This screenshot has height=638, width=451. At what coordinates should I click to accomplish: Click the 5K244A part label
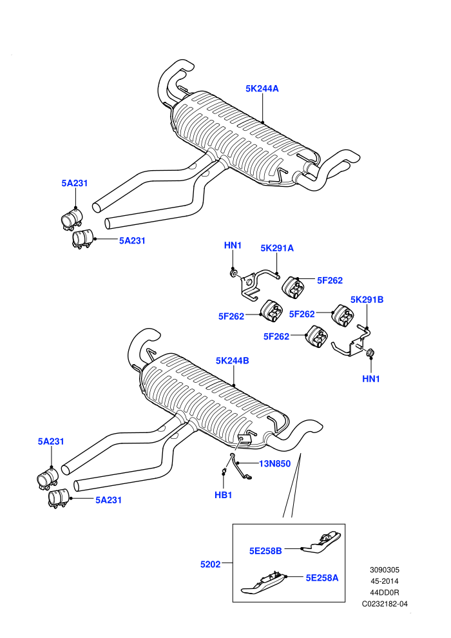pyautogui.click(x=262, y=89)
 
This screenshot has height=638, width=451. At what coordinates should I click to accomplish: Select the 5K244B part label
pyautogui.click(x=232, y=360)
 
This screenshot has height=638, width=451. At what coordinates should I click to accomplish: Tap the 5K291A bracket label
pyautogui.click(x=277, y=248)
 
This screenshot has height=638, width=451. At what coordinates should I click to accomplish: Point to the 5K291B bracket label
pyautogui.click(x=367, y=300)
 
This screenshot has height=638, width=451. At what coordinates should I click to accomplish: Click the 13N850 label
pyautogui.click(x=275, y=463)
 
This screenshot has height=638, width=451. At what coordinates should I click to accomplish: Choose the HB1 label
pyautogui.click(x=224, y=495)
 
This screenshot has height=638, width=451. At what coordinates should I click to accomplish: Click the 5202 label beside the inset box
pyautogui.click(x=210, y=564)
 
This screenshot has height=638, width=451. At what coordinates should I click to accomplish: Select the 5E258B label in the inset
pyautogui.click(x=265, y=551)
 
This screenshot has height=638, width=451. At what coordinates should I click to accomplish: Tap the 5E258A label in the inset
pyautogui.click(x=322, y=578)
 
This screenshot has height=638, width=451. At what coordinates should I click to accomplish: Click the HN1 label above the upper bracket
pyautogui.click(x=233, y=246)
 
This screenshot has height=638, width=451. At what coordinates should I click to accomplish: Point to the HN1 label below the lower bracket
pyautogui.click(x=371, y=379)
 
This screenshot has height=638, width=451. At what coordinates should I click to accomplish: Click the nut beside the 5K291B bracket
pyautogui.click(x=370, y=353)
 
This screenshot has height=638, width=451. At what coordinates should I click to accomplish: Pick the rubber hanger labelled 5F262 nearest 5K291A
pyautogui.click(x=293, y=287)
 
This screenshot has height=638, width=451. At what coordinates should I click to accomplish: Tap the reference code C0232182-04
pyautogui.click(x=385, y=604)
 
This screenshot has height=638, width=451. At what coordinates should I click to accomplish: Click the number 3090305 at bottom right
pyautogui.click(x=385, y=570)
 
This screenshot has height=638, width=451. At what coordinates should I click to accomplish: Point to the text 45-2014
pyautogui.click(x=385, y=581)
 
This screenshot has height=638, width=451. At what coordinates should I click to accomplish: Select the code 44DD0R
pyautogui.click(x=385, y=593)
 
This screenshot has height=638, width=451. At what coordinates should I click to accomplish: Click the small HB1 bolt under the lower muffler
pyautogui.click(x=224, y=472)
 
